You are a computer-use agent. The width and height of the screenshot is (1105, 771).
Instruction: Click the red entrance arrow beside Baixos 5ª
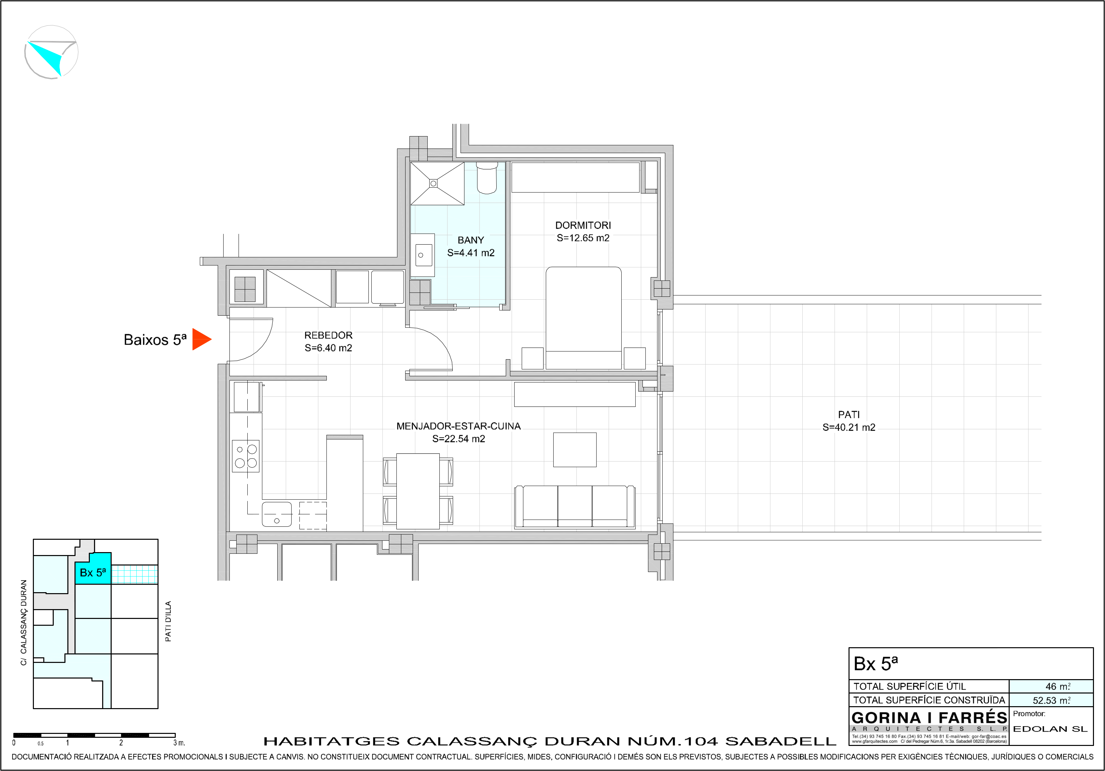[x=201, y=339]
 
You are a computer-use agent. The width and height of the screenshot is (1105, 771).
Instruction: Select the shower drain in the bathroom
[x=433, y=183]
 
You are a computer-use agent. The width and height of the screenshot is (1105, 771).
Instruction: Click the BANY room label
[x=471, y=240]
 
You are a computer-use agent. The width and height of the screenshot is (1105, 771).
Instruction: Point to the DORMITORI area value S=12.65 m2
[x=583, y=238]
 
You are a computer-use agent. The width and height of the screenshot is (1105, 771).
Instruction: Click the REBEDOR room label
[x=328, y=335]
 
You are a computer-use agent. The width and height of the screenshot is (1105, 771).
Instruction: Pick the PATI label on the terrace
[x=849, y=415]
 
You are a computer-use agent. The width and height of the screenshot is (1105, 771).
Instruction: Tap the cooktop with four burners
[x=246, y=456]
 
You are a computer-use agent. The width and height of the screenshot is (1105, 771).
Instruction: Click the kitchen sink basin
[x=277, y=514]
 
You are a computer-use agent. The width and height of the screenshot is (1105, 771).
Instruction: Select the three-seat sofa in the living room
[x=575, y=507]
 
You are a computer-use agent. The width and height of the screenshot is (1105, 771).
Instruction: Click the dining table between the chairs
[x=418, y=491]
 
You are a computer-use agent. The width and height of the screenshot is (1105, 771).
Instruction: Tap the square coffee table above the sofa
[x=575, y=450]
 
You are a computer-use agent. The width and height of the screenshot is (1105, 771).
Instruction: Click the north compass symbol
[x=51, y=52]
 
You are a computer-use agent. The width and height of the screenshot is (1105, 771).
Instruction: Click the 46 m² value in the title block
[x=1058, y=686]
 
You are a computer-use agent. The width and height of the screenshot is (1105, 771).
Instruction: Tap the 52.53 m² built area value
[x=1052, y=700]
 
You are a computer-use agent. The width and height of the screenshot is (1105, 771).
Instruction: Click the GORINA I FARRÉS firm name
[x=929, y=718]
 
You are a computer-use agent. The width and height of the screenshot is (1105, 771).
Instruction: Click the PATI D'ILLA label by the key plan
[x=168, y=621]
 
